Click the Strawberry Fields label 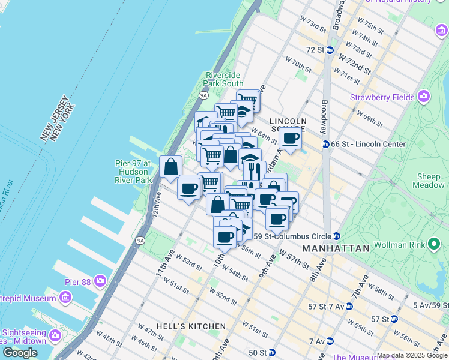(x=382, y=97)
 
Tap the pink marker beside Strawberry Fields (x=424, y=96)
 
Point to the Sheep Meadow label (x=429, y=181)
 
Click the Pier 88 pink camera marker (x=100, y=280)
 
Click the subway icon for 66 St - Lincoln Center (x=326, y=144)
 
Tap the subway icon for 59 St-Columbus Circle (x=337, y=236)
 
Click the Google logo (x=20, y=353)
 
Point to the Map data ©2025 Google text (x=412, y=355)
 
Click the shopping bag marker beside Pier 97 (x=170, y=167)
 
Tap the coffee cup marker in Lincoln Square (x=290, y=139)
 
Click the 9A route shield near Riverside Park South (x=203, y=95)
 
